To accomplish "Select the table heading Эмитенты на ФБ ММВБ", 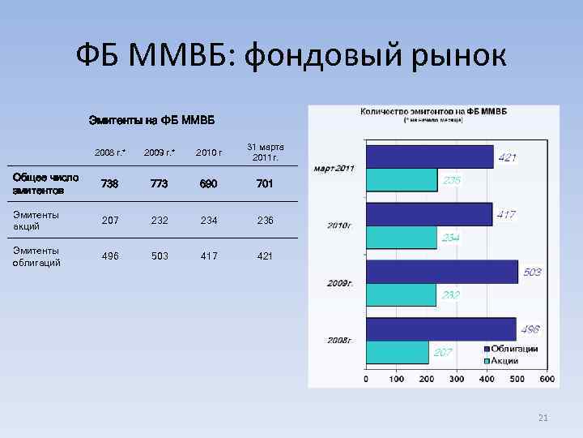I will click(x=151, y=121).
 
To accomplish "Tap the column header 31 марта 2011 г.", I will click(x=265, y=152).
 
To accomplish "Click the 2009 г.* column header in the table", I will click(x=160, y=152).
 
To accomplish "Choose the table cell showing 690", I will click(x=210, y=184).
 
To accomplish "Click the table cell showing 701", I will click(x=265, y=184).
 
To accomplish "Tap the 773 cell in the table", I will click(x=160, y=184).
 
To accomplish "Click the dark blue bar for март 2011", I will click(x=429, y=157).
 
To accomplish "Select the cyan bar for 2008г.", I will click(x=397, y=352).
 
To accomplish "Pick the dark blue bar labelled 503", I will click(x=441, y=272).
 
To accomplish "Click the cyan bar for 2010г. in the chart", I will click(x=401, y=237).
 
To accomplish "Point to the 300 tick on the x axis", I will click(x=456, y=378).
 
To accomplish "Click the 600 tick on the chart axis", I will click(x=547, y=378).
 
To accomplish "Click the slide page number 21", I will click(x=543, y=418).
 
